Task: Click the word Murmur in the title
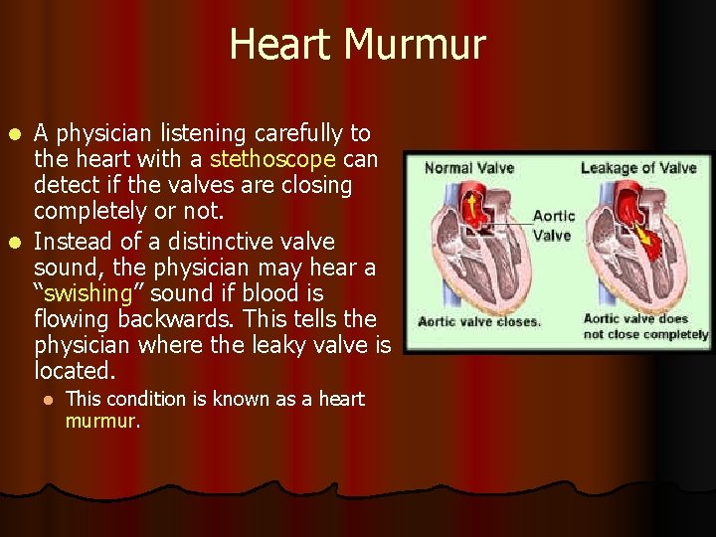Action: pos(424,45)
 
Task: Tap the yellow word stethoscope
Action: pos(272,159)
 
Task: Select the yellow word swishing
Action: pos(89,293)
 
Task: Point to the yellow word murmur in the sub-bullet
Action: pos(101,421)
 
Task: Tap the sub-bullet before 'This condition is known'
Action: pos(46,399)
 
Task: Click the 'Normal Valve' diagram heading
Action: pos(469,167)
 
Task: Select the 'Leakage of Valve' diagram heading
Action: pos(638,167)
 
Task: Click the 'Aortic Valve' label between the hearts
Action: pos(553,225)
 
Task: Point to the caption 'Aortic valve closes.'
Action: pos(479,321)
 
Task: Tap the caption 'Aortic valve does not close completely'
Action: pos(645,326)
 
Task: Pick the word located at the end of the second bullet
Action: pos(75,371)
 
